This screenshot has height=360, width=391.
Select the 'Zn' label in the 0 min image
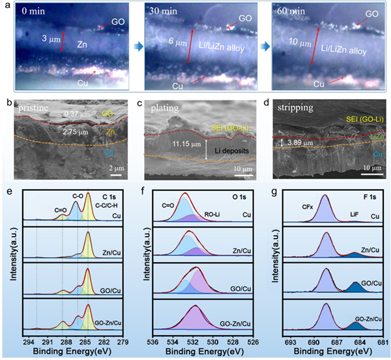[82, 44]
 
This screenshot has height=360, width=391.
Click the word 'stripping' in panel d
[296, 106]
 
